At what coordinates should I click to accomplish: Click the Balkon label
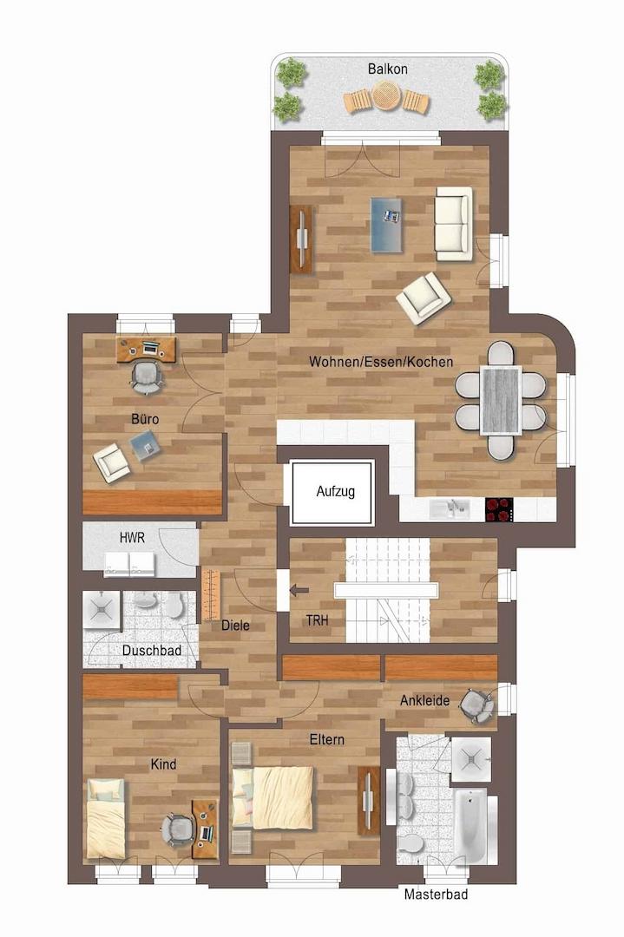(387, 69)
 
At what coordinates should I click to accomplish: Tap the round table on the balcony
(387, 96)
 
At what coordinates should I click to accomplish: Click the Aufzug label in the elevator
(335, 491)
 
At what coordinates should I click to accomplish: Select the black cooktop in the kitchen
(499, 509)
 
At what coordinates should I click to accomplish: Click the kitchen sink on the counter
(449, 508)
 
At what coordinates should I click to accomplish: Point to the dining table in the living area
(501, 400)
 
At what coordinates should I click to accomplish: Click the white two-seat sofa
(454, 224)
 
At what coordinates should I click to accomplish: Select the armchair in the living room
(424, 298)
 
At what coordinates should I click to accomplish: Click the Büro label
(145, 419)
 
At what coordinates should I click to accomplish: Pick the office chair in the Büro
(147, 377)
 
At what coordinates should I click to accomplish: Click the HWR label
(132, 538)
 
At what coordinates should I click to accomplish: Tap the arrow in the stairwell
(299, 591)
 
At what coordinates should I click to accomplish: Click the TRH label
(317, 621)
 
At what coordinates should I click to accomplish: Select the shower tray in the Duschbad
(101, 609)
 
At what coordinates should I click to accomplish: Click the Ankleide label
(424, 700)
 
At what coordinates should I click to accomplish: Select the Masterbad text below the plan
(436, 894)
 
